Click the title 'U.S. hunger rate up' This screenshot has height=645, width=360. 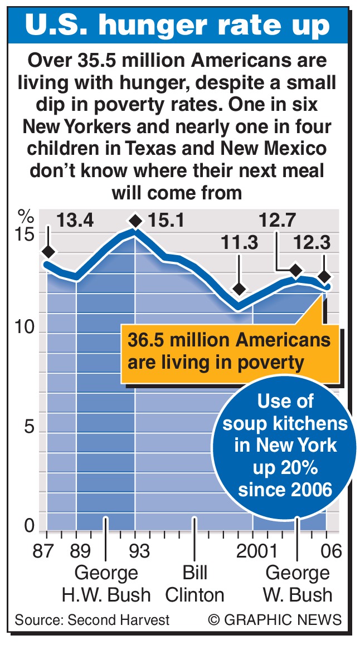click(179, 26)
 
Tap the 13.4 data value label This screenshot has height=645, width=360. click(75, 221)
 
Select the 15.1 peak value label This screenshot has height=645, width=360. click(166, 221)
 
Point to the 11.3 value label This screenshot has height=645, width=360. click(239, 244)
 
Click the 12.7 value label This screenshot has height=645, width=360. click(278, 221)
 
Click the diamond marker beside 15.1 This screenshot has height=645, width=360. click(135, 221)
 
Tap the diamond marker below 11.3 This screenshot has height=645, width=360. click(239, 289)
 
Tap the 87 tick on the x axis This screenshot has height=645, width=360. click(44, 551)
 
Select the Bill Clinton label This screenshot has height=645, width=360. click(194, 583)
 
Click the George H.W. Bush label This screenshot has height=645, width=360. click(106, 583)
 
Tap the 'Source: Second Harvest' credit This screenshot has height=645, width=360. click(92, 619)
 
